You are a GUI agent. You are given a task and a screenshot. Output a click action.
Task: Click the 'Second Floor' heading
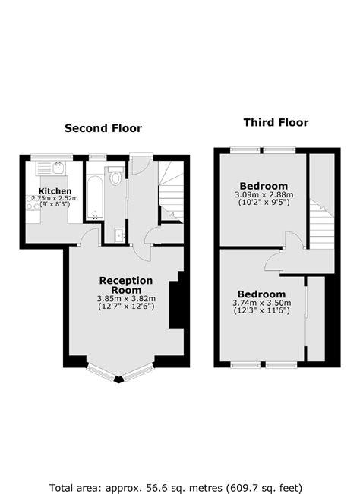pos(103,128)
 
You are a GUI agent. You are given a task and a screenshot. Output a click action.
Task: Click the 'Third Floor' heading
pos(276,122)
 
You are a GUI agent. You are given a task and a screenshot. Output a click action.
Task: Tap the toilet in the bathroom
pos(115,178)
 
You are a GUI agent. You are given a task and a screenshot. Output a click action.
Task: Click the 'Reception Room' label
pos(126,285)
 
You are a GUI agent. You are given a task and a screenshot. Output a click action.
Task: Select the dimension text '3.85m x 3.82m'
pos(126,298)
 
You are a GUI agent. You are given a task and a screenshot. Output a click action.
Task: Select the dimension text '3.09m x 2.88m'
pos(264,195)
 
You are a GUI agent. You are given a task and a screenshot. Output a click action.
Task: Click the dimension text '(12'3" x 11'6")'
pos(261,312)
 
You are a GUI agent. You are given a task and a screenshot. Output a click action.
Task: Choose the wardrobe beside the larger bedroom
pos(315,319)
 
